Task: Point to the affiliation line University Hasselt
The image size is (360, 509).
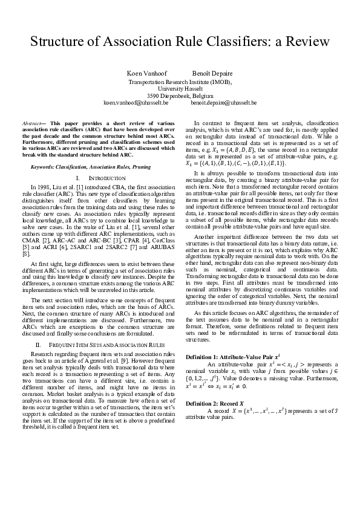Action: click(x=180, y=88)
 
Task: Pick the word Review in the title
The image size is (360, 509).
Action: click(x=310, y=42)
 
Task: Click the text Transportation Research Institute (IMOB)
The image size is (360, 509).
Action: click(x=180, y=81)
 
